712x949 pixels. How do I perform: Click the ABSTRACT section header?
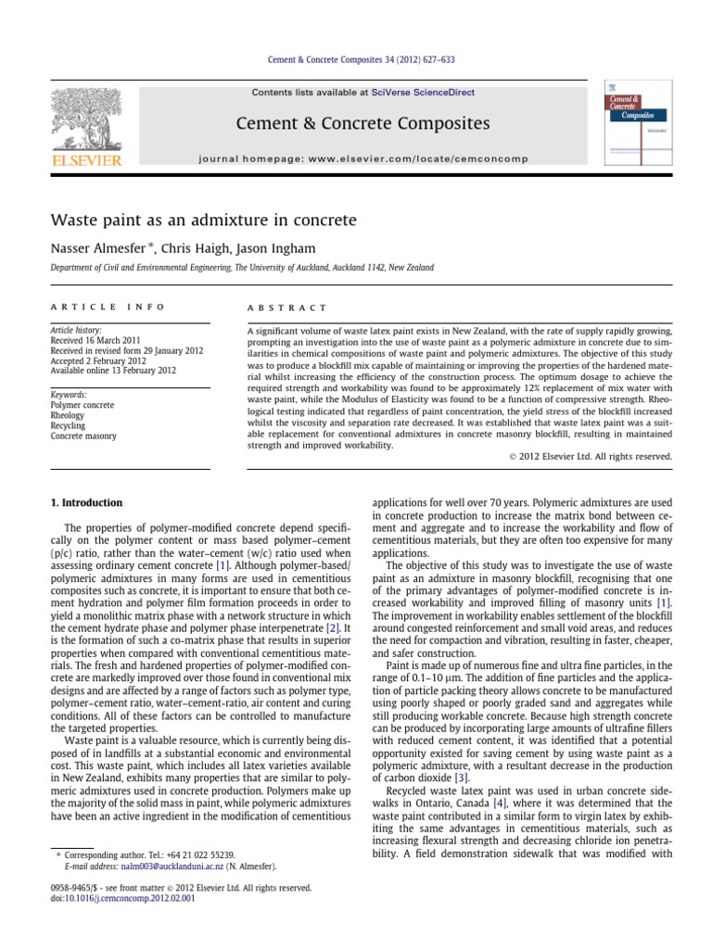pos(287,307)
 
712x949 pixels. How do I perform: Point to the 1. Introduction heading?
pos(85,503)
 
